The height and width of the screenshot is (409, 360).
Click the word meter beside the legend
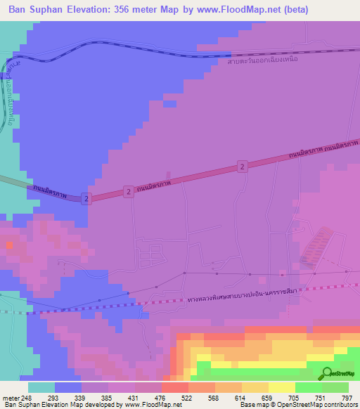coord(10,398)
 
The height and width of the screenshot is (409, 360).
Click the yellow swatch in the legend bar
coord(281,387)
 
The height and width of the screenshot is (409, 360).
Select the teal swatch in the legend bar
coord(41,387)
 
